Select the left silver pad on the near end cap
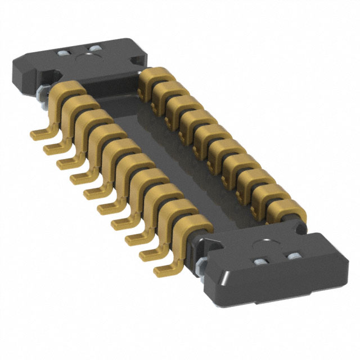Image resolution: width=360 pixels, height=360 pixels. [261, 263]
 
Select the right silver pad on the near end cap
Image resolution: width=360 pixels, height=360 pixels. [293, 258]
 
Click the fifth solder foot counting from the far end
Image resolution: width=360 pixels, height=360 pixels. [91, 192]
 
